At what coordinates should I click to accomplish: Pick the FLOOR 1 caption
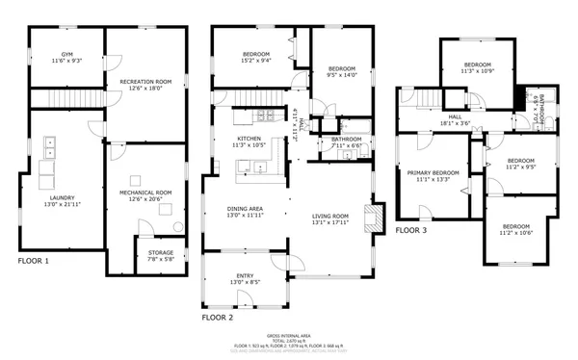pos(34,261)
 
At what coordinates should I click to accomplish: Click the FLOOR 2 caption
pos(217,317)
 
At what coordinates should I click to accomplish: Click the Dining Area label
pos(245,212)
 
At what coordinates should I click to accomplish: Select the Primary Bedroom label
pos(426,175)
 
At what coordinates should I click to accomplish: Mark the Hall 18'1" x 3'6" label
pos(455,122)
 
